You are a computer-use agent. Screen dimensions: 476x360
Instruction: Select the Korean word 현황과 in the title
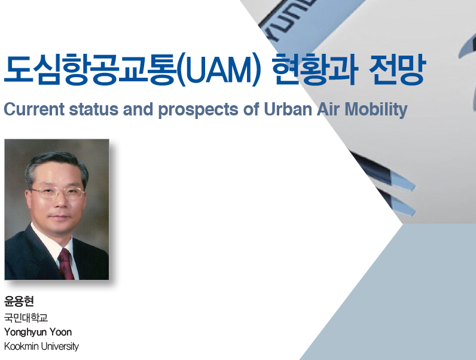click(315, 69)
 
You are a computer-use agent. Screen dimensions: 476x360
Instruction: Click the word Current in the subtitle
click(34, 109)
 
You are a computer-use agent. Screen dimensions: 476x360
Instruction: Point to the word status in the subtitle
click(94, 109)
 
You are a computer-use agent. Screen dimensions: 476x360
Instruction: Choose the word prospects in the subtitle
click(198, 111)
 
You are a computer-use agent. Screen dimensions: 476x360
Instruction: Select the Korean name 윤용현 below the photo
click(19, 301)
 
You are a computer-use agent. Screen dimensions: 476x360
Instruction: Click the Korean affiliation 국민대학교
click(26, 318)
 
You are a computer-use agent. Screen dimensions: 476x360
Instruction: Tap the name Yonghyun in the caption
click(25, 332)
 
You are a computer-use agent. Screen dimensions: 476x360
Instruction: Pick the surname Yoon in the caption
click(61, 332)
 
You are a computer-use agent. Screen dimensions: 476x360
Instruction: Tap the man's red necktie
click(66, 264)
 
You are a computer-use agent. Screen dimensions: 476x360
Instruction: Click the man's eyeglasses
click(57, 193)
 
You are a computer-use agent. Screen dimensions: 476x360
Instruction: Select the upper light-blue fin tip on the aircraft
click(403, 181)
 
